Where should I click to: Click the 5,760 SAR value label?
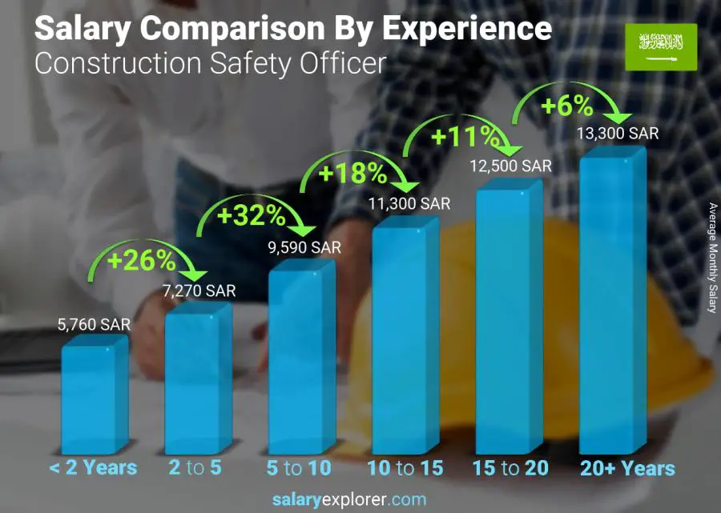point(94,325)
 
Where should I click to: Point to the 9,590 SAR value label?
point(304,247)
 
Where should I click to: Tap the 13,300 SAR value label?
point(618,134)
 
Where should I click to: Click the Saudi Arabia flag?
point(661,46)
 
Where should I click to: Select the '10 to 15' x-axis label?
point(405,468)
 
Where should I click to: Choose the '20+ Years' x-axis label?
point(626,468)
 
